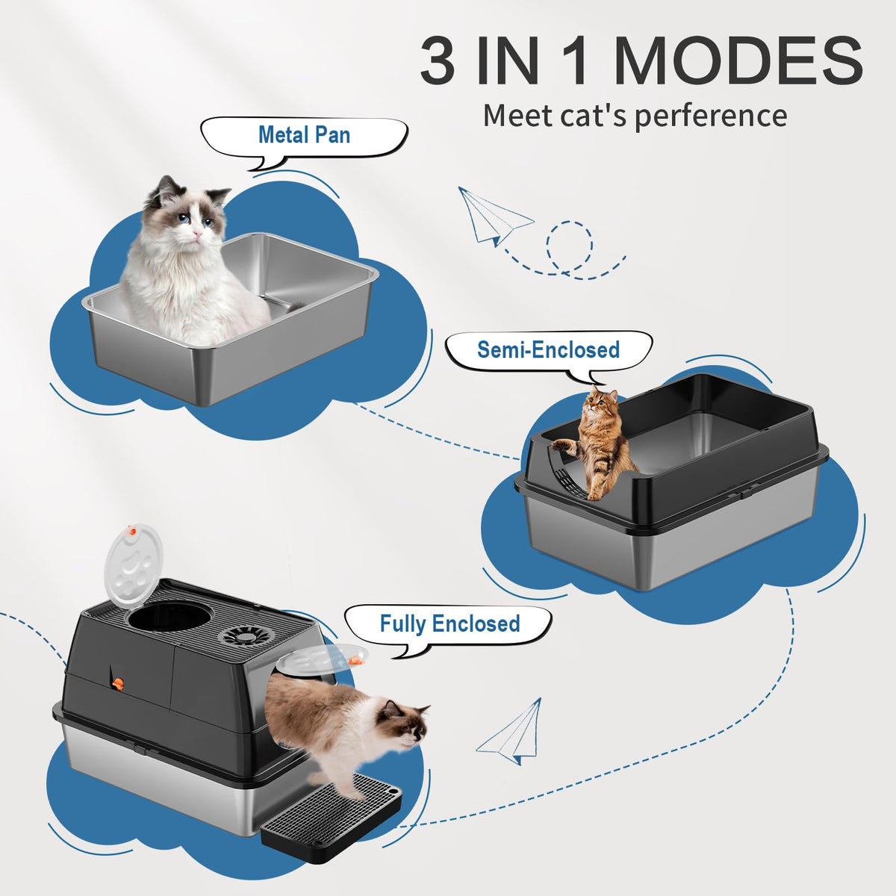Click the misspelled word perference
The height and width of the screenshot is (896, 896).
(711, 116)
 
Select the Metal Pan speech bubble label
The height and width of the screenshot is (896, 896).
(304, 135)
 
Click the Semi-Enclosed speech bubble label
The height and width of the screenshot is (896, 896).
(549, 349)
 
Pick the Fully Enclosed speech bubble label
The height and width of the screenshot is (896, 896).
(449, 623)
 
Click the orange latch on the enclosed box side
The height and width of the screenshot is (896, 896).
(118, 683)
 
